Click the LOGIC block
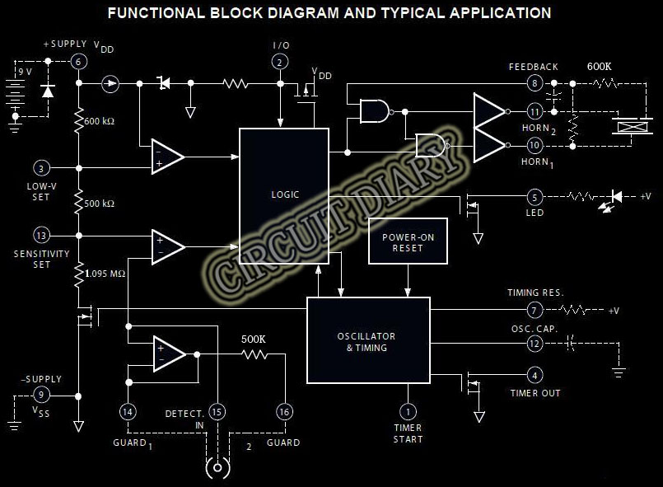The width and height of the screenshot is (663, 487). pyautogui.click(x=284, y=195)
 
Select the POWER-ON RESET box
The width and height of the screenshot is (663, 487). pyautogui.click(x=408, y=241)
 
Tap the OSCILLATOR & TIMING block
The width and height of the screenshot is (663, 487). pyautogui.click(x=368, y=340)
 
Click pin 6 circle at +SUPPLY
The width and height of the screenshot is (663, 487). pyautogui.click(x=79, y=61)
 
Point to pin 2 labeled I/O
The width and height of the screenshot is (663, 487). pyautogui.click(x=280, y=61)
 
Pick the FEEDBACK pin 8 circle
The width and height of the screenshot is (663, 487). pyautogui.click(x=535, y=83)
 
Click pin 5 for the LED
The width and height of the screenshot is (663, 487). pyautogui.click(x=535, y=197)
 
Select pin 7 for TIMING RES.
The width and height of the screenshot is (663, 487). pyautogui.click(x=535, y=311)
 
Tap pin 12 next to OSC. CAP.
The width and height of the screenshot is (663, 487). pyautogui.click(x=535, y=344)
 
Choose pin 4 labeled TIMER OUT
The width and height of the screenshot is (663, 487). pyautogui.click(x=535, y=376)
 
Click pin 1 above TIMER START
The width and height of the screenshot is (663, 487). pyautogui.click(x=407, y=411)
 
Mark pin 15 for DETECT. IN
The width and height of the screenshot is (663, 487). pyautogui.click(x=217, y=411)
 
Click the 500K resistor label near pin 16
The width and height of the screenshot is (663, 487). pyautogui.click(x=254, y=339)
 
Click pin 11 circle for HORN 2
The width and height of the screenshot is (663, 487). pyautogui.click(x=535, y=111)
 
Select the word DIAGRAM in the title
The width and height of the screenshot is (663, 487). pyautogui.click(x=267, y=13)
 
